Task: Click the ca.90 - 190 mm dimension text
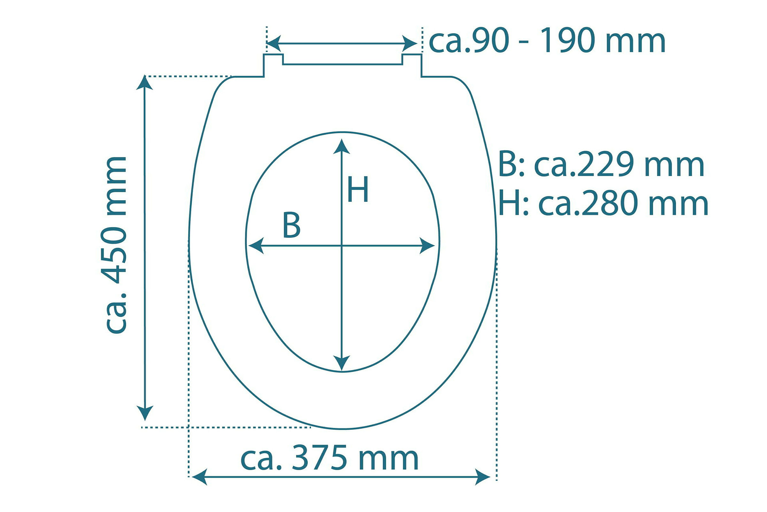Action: [x=547, y=41]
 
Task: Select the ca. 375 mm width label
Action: [x=329, y=458]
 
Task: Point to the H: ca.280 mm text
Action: [x=603, y=203]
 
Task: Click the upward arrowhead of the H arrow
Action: [x=341, y=146]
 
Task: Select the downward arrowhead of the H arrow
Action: [x=341, y=363]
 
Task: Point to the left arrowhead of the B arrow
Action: [x=256, y=246]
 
